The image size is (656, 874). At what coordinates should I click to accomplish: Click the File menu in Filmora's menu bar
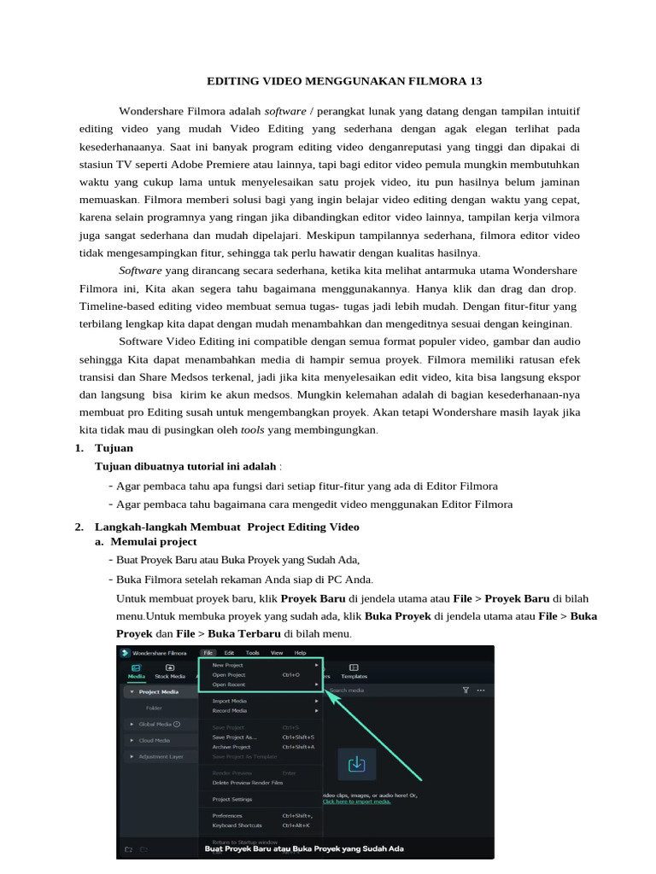click(209, 652)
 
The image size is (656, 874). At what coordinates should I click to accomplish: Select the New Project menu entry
click(227, 664)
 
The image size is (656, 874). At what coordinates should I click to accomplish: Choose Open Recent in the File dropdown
click(228, 684)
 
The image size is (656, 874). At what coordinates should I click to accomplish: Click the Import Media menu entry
click(229, 701)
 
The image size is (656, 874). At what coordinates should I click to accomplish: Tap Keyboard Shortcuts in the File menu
click(237, 825)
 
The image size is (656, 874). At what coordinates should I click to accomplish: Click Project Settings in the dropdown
click(231, 799)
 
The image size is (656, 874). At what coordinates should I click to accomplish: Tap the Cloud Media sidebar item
click(154, 740)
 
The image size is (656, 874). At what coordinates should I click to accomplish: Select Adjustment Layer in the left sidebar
click(161, 756)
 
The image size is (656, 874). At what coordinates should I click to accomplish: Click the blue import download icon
click(357, 763)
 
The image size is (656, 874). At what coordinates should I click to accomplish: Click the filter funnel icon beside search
click(466, 690)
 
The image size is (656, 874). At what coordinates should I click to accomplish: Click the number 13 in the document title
click(476, 81)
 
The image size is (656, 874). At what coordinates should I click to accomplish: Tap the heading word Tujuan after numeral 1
click(114, 447)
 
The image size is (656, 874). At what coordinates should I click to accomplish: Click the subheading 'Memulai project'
click(154, 541)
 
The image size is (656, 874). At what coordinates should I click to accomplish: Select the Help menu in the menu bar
click(300, 652)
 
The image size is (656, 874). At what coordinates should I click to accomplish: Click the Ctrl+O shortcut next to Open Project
click(290, 674)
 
